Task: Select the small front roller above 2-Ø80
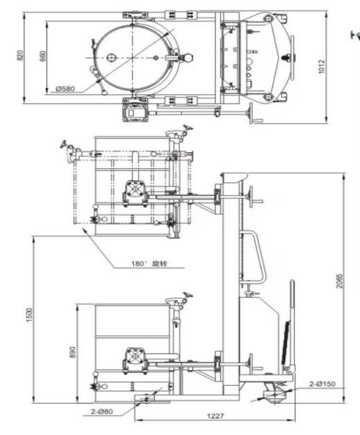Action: (x=146, y=398)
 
